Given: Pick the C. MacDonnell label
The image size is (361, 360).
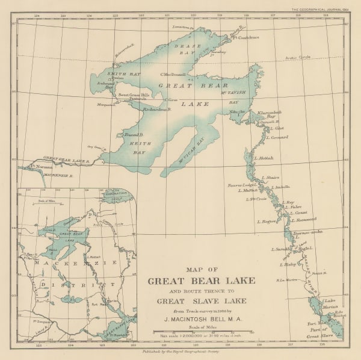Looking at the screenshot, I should (173, 75).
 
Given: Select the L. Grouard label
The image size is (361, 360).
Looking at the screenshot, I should (279, 137).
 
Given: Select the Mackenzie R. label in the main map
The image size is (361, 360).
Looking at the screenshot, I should (62, 175).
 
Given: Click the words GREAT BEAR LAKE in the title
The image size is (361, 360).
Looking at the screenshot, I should (201, 281).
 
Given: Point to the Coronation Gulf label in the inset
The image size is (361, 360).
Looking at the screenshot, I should (116, 194).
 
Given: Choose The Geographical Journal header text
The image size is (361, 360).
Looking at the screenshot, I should (319, 9).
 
